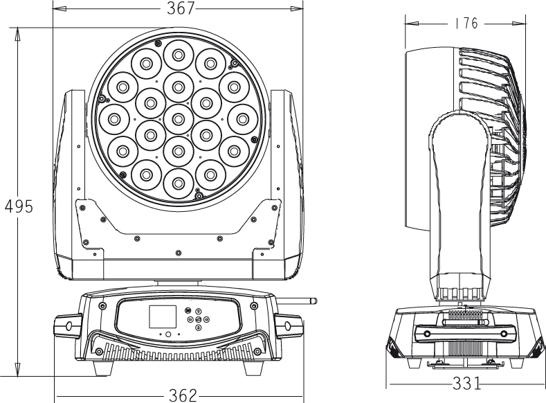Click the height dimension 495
(17, 206)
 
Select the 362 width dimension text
(182, 395)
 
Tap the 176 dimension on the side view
(466, 24)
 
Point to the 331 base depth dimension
(467, 382)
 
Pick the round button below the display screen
(167, 335)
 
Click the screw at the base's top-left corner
(103, 305)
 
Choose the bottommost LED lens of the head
(178, 182)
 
